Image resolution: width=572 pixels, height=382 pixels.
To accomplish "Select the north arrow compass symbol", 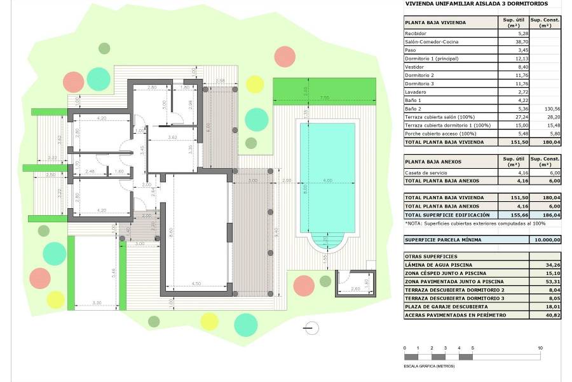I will click(x=311, y=329).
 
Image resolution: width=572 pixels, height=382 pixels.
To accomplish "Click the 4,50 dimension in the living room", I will click(x=197, y=284).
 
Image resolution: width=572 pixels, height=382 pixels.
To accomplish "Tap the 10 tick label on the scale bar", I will click(x=540, y=348).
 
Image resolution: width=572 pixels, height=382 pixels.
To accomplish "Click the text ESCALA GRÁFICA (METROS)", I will click(x=430, y=366).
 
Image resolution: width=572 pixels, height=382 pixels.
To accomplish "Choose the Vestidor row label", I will click(x=415, y=66).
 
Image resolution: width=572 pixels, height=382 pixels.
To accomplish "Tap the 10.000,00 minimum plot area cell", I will click(x=545, y=240).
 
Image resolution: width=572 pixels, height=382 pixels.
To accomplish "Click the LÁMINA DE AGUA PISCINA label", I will click(x=440, y=265).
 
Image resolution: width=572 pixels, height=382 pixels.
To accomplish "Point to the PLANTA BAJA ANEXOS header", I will click(x=435, y=163).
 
